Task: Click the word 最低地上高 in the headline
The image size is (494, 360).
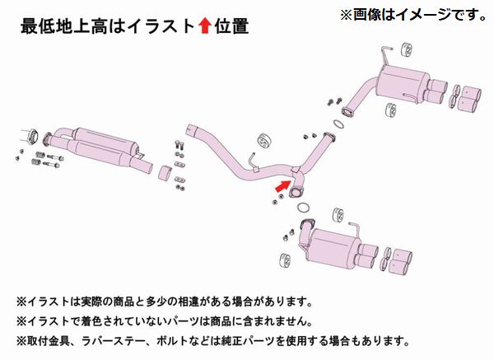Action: click(50, 26)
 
